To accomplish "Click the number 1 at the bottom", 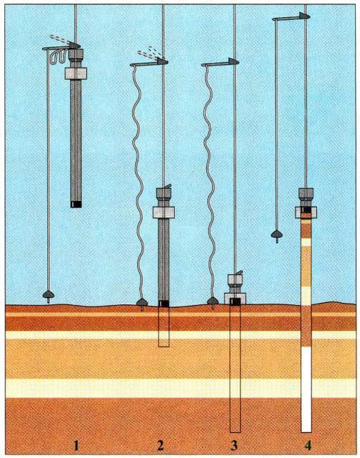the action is [77, 446].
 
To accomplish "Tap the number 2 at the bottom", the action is [160, 446].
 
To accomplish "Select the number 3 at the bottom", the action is [234, 446].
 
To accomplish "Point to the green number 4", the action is [308, 446].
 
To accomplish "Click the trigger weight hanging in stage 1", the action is [49, 295].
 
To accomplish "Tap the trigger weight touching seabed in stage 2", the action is [142, 304].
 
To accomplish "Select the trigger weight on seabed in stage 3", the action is [213, 302].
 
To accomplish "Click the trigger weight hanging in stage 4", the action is [277, 235].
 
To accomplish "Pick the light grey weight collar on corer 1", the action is [75, 74].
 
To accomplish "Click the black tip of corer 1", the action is [76, 205].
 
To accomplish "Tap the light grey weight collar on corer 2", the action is [164, 212].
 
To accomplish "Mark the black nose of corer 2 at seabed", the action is [164, 304].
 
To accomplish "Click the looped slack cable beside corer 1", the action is [59, 57].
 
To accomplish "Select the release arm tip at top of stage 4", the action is [303, 16].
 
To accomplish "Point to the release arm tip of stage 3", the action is [234, 61].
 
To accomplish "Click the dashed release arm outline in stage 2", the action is [148, 52].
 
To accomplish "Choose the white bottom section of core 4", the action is [306, 389].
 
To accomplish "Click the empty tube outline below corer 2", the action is [164, 327].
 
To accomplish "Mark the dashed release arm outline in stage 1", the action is [60, 39].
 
